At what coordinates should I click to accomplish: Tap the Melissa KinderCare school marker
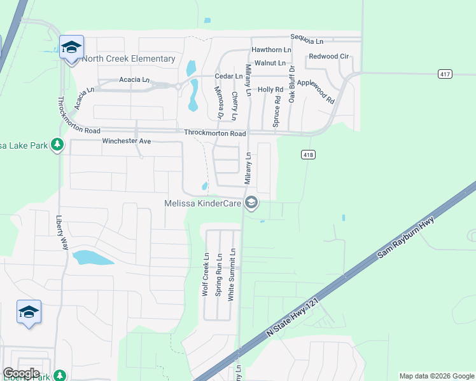[x=251, y=203]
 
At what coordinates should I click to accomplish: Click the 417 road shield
[x=445, y=74]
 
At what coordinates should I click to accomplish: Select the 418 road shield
[x=308, y=155]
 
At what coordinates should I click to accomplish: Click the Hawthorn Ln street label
[x=271, y=50]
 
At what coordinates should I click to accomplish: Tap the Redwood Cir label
[x=328, y=57]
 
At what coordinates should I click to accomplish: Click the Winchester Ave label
[x=127, y=141]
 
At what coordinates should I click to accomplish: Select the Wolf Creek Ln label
[x=205, y=275]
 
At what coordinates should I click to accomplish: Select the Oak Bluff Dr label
[x=292, y=84]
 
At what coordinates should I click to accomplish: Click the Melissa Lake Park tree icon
[x=57, y=145]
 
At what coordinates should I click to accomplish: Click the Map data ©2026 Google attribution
[x=437, y=376]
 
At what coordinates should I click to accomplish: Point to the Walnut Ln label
[x=270, y=63]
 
